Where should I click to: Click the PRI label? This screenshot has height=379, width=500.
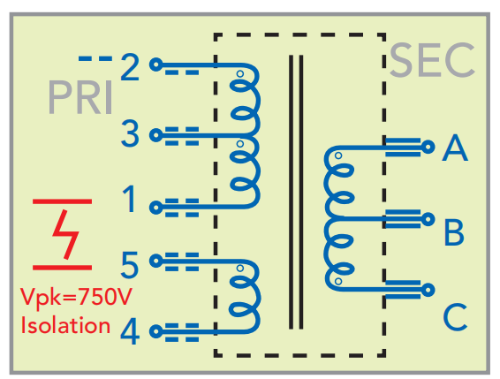coord(80,97)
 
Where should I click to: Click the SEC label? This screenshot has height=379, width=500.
coord(432,61)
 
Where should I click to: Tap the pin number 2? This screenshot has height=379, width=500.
coord(130,67)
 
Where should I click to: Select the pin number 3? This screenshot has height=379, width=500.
coord(130,133)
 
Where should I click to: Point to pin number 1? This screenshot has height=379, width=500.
coord(130,199)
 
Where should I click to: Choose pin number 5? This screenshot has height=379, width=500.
coord(130,264)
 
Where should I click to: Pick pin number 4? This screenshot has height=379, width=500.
coord(130,332)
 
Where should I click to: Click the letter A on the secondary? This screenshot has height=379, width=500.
coord(455,148)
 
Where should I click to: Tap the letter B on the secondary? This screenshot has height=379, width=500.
coord(454,232)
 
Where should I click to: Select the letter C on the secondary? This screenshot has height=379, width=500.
coord(455,317)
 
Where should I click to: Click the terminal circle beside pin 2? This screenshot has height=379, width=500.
coord(156,64)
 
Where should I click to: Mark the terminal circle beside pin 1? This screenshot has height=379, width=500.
coord(156,208)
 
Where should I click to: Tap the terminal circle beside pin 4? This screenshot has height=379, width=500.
coord(156,331)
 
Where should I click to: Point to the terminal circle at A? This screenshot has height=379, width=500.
coord(428,147)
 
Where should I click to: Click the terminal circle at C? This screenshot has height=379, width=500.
coord(428,290)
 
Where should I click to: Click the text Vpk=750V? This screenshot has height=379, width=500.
coord(76,297)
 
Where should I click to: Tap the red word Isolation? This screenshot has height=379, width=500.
coord(65,325)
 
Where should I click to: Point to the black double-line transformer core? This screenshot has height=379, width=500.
coord(296,192)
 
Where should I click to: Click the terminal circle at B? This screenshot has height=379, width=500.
coord(428,219)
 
